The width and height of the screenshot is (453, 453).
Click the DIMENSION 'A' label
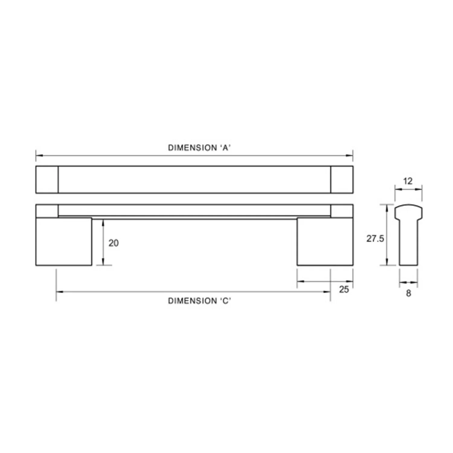pyautogui.click(x=200, y=148)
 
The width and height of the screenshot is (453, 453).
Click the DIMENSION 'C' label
pyautogui.click(x=200, y=301)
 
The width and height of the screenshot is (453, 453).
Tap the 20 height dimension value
pyautogui.click(x=114, y=243)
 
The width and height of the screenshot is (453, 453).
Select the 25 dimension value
pyautogui.click(x=344, y=289)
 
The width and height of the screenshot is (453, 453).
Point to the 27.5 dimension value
pyautogui.click(x=375, y=239)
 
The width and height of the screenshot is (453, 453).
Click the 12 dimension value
pyautogui.click(x=408, y=181)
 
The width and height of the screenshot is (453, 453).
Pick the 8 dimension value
pyautogui.click(x=408, y=293)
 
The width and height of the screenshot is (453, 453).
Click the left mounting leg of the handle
pyautogui.click(x=64, y=242)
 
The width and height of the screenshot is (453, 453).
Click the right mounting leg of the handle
pyautogui.click(x=325, y=242)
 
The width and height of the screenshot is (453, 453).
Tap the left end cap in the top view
pyautogui.click(x=47, y=179)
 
